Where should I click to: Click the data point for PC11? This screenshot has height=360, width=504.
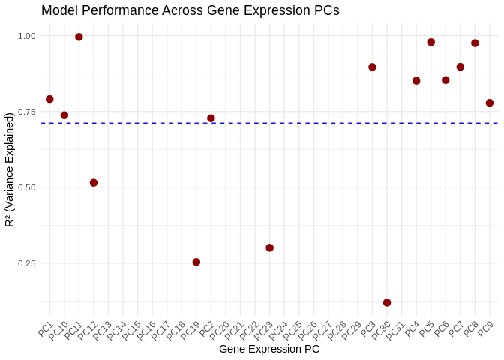coord(79,37)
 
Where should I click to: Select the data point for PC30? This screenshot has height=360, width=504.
coord(387,302)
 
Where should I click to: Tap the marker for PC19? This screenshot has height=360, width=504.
coord(196,262)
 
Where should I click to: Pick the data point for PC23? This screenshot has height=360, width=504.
coord(269,247)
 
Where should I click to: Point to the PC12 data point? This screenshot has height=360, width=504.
coord(94,183)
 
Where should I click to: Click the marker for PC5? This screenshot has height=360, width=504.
coord(431,42)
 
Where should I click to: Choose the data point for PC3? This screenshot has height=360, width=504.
coord(372,67)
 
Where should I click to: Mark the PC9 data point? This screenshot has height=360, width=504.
coord(490,103)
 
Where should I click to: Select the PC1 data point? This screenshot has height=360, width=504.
coord(49,99)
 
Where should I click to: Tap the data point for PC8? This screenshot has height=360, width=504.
coord(475,43)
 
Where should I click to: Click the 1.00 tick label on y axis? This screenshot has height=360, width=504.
coord(27,36)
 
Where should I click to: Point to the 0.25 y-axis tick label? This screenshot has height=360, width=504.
coord(27,263)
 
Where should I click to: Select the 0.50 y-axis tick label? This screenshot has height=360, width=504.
coord(27,187)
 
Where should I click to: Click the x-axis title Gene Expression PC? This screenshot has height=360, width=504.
coord(269,349)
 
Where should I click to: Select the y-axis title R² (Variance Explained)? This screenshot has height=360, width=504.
coord(9,169)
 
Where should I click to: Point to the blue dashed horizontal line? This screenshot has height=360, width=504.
coord(300,123)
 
